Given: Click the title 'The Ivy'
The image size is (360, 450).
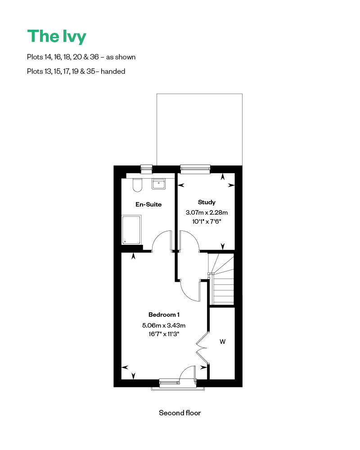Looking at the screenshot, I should coord(56,36).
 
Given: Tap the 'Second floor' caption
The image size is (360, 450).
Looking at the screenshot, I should coord(180,413).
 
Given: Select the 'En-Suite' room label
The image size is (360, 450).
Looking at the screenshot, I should coord(148,204).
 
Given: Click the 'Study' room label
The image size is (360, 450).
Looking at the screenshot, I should coord(207,202).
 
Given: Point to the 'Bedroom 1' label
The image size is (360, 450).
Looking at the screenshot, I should coord(164,314).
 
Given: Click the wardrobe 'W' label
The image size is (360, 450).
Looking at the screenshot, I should coord(222,342).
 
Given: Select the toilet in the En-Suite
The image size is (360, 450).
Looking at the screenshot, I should coord(138,185).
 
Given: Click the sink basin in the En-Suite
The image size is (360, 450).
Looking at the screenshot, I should coord(158,184).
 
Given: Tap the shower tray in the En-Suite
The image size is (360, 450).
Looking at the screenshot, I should coord(131,230).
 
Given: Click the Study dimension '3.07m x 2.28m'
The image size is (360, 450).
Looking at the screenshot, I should coord(207,212).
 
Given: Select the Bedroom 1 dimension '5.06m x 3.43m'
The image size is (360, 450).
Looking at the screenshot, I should coord(164,325).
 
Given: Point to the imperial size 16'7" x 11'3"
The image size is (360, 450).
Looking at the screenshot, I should coord(164,334).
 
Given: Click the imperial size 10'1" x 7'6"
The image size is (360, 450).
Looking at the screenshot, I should coord(207,221).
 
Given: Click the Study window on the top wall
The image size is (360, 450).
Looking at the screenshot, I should coord(195,169).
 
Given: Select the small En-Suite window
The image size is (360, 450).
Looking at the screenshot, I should coord(147,169).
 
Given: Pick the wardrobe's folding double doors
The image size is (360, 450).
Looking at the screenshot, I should coord(202,348).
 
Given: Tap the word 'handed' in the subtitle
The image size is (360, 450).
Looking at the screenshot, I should coord(113,71).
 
